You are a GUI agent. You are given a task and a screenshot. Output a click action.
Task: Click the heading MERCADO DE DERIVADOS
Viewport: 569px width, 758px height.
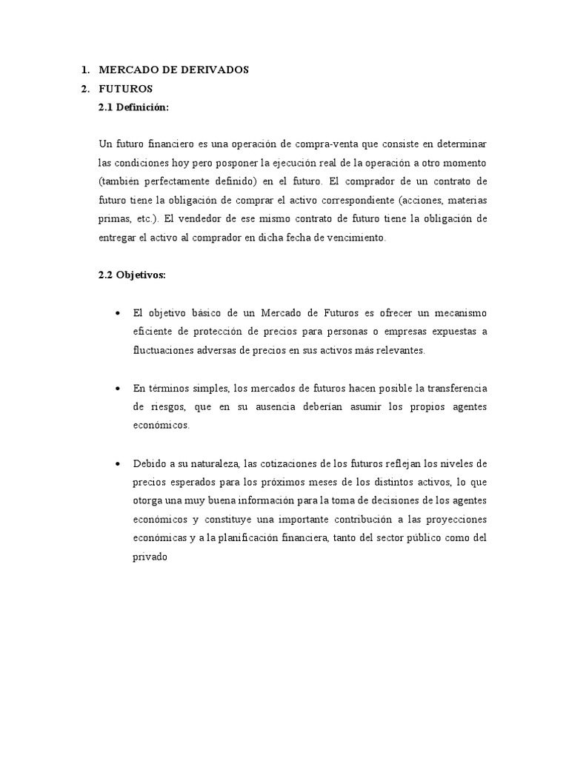[174, 70]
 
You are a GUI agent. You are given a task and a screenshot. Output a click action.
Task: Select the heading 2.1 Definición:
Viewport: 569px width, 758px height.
[133, 107]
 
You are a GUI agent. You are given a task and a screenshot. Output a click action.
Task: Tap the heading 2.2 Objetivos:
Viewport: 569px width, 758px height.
[133, 275]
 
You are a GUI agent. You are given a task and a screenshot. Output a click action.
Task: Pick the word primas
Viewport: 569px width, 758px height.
[113, 218]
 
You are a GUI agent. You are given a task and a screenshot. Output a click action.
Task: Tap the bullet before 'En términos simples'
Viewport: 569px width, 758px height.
[119, 389]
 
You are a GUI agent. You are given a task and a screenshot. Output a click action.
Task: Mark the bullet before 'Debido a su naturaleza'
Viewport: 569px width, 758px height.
[119, 463]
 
